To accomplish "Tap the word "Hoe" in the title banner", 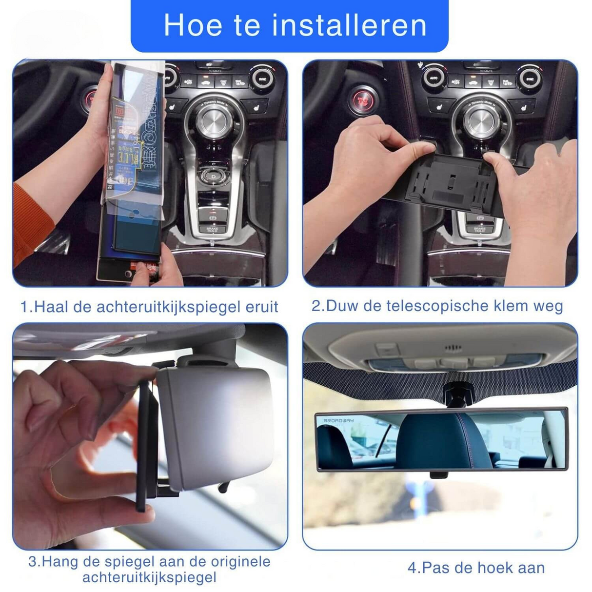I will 193,25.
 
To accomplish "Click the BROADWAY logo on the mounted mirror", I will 338,420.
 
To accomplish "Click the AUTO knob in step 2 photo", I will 434,78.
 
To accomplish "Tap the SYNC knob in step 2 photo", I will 530,79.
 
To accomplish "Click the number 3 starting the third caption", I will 33,562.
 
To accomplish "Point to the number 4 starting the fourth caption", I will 413,568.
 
